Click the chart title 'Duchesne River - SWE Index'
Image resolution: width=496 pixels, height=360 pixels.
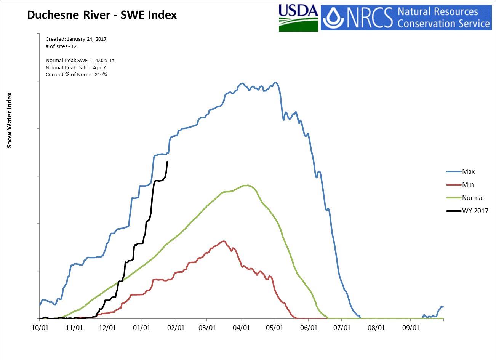click(x=102, y=15)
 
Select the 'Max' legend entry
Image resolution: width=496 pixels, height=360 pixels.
click(x=468, y=171)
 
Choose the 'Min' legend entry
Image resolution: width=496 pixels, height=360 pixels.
click(x=468, y=184)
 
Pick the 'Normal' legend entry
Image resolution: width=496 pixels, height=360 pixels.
click(x=472, y=198)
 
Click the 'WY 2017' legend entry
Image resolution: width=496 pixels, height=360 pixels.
click(x=475, y=211)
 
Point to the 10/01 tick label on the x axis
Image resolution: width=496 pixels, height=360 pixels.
click(x=40, y=327)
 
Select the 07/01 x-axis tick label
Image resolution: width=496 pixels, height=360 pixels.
click(x=342, y=327)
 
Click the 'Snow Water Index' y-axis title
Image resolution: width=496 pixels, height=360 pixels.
click(x=10, y=120)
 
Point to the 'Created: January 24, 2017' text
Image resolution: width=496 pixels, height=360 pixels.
click(x=76, y=39)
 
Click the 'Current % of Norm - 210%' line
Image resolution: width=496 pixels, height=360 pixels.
click(x=76, y=75)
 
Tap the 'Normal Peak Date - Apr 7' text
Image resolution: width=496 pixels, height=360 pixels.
click(x=75, y=67)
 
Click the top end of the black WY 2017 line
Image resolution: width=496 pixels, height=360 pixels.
click(x=167, y=162)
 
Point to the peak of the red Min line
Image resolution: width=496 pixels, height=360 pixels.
click(x=224, y=241)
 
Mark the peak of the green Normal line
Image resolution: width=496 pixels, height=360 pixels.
click(x=248, y=185)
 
